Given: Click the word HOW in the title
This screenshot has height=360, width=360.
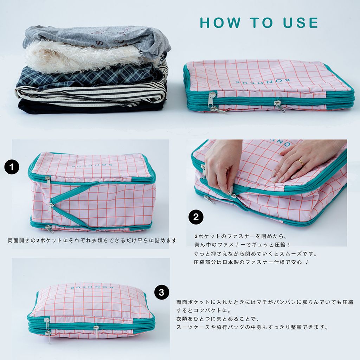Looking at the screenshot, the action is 220,23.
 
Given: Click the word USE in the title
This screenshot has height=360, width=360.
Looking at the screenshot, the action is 301,23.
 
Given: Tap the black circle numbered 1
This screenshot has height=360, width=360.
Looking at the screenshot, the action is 12,167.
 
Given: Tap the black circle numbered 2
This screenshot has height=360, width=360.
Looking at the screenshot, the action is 196,217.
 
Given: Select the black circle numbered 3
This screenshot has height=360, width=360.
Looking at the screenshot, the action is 162,292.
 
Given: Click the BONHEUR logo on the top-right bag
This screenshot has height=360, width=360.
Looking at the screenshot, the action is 263,81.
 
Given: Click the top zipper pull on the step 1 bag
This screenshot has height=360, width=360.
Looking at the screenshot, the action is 48,181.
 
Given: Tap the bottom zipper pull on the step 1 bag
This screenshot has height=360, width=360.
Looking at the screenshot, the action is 49,229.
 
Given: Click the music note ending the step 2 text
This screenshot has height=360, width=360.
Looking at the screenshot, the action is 307,262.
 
